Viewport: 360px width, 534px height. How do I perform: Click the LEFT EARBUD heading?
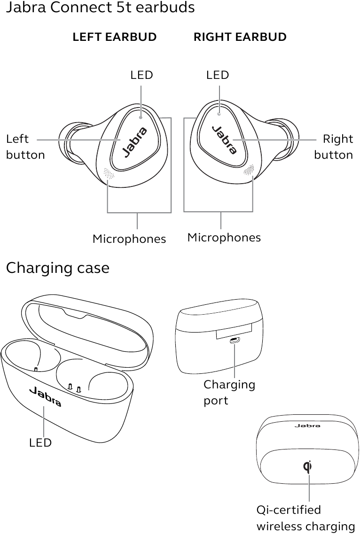point(115,37)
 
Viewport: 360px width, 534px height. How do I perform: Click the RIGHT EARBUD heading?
point(240,37)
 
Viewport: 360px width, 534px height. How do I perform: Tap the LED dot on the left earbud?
point(141,117)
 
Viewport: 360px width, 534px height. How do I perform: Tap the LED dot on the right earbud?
point(219,114)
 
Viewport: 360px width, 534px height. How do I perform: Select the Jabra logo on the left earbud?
point(135,142)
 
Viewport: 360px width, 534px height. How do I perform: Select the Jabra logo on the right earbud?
point(225,140)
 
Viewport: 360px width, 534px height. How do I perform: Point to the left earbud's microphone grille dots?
point(109,173)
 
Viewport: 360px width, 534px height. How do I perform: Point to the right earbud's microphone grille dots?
point(249,170)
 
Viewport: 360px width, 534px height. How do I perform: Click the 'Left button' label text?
point(25,147)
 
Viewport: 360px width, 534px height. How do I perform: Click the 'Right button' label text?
point(333,147)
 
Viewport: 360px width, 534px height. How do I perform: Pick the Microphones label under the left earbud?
point(129,239)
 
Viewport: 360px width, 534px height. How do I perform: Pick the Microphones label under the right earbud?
point(224,237)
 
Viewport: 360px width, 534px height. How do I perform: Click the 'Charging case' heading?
point(58,268)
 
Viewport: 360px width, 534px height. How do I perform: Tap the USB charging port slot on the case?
point(235,341)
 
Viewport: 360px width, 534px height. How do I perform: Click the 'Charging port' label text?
point(229,392)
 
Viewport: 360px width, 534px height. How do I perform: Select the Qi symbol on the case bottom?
point(308,466)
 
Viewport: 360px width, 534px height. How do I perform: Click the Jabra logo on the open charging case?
point(45,396)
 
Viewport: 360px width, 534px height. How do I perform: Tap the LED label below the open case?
point(40,443)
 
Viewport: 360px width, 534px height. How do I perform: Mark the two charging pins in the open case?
point(74,387)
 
